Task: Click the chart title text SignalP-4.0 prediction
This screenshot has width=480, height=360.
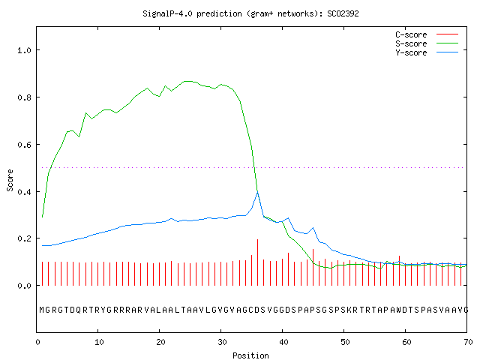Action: pyautogui.click(x=192, y=13)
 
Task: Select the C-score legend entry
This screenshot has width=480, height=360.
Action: pyautogui.click(x=427, y=34)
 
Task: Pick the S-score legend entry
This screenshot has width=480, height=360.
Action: pyautogui.click(x=427, y=43)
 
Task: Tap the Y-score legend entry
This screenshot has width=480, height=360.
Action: pyautogui.click(x=427, y=52)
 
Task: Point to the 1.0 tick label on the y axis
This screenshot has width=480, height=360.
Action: pyautogui.click(x=24, y=50)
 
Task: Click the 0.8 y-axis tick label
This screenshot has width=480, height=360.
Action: pyautogui.click(x=24, y=97)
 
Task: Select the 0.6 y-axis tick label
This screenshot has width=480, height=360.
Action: pyautogui.click(x=24, y=145)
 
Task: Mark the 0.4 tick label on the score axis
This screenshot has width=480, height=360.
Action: pyautogui.click(x=24, y=192)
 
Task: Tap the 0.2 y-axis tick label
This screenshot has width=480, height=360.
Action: pyautogui.click(x=24, y=238)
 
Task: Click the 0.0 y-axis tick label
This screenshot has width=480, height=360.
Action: pyautogui.click(x=24, y=286)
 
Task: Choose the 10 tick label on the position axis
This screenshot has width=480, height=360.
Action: pyautogui.click(x=99, y=342)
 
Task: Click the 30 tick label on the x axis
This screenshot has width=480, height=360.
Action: pyautogui.click(x=222, y=342)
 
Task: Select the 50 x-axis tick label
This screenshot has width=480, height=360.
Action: pyautogui.click(x=345, y=342)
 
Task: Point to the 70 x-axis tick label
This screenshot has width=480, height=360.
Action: pyautogui.click(x=468, y=342)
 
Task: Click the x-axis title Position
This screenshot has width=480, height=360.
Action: pyautogui.click(x=250, y=355)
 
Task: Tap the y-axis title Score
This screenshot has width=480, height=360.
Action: pyautogui.click(x=10, y=180)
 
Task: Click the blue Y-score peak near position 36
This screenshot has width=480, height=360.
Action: pyautogui.click(x=258, y=191)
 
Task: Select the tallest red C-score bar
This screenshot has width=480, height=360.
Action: pyautogui.click(x=258, y=262)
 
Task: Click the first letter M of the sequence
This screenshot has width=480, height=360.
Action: pyautogui.click(x=42, y=310)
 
